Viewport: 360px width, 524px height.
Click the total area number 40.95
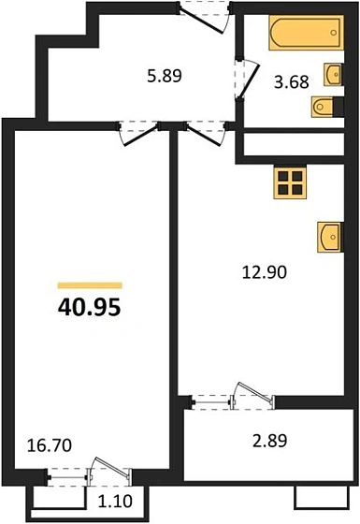90,306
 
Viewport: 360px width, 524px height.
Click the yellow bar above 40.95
90,284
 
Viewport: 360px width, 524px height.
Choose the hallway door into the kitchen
199,131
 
